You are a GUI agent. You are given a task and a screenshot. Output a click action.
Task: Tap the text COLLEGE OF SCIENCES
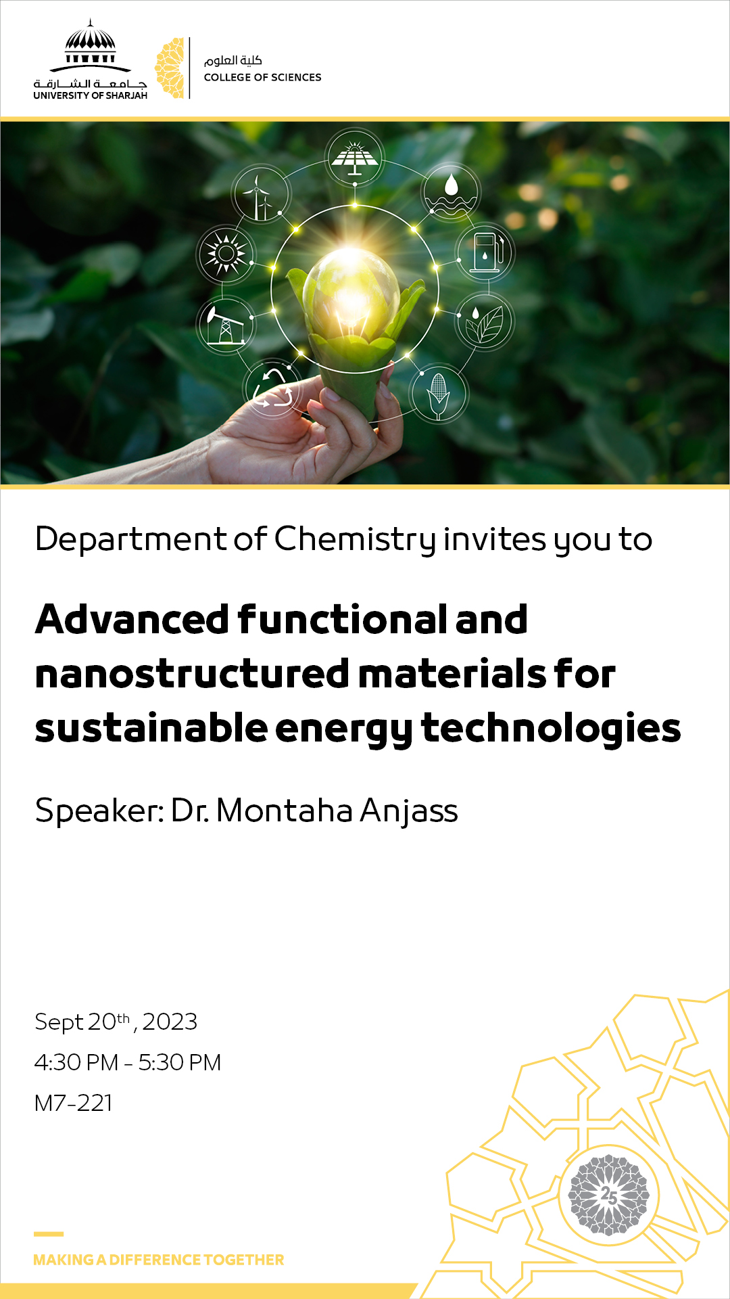pos(262,77)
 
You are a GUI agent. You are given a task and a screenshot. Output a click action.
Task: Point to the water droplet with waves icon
pos(451,192)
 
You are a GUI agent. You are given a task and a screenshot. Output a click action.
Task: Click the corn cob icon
pos(438,394)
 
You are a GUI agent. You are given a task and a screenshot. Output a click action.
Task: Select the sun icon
pos(226,254)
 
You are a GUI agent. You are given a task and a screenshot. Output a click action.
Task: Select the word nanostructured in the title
pos(192,675)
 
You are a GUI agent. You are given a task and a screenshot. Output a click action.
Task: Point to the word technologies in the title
pos(551,729)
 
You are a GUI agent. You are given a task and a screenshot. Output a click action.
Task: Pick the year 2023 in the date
pos(170,1022)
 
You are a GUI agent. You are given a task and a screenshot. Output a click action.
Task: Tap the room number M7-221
pos(73,1103)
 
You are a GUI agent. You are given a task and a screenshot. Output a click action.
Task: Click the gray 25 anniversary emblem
pos(608,1195)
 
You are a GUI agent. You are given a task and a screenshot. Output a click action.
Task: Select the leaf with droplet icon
pos(485,322)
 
